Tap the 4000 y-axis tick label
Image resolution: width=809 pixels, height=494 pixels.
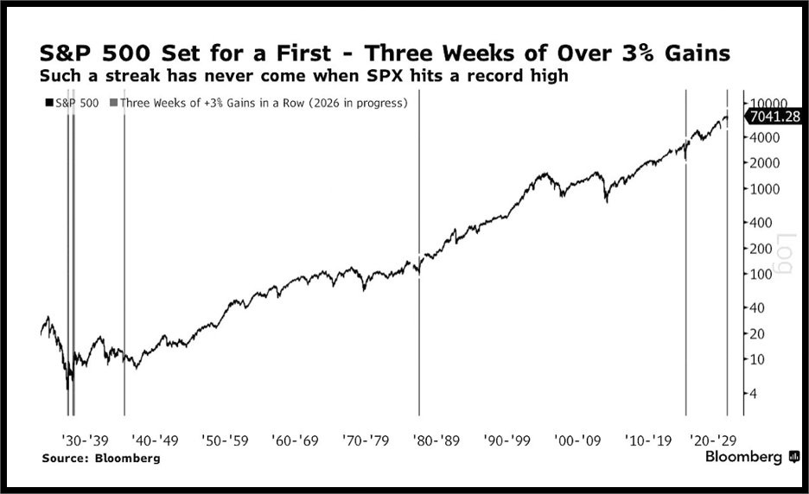pos(763,138)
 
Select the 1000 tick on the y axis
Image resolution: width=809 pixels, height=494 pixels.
pos(763,189)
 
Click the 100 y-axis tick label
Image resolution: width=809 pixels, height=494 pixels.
pos(761,275)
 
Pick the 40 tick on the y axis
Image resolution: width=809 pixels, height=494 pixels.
pos(758,308)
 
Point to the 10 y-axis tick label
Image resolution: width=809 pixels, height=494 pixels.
pos(758,359)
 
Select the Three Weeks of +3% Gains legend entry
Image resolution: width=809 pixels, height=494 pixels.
pos(264,103)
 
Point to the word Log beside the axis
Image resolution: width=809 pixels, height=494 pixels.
pos(785,254)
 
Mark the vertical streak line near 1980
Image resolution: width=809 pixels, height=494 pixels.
pos(419,259)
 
